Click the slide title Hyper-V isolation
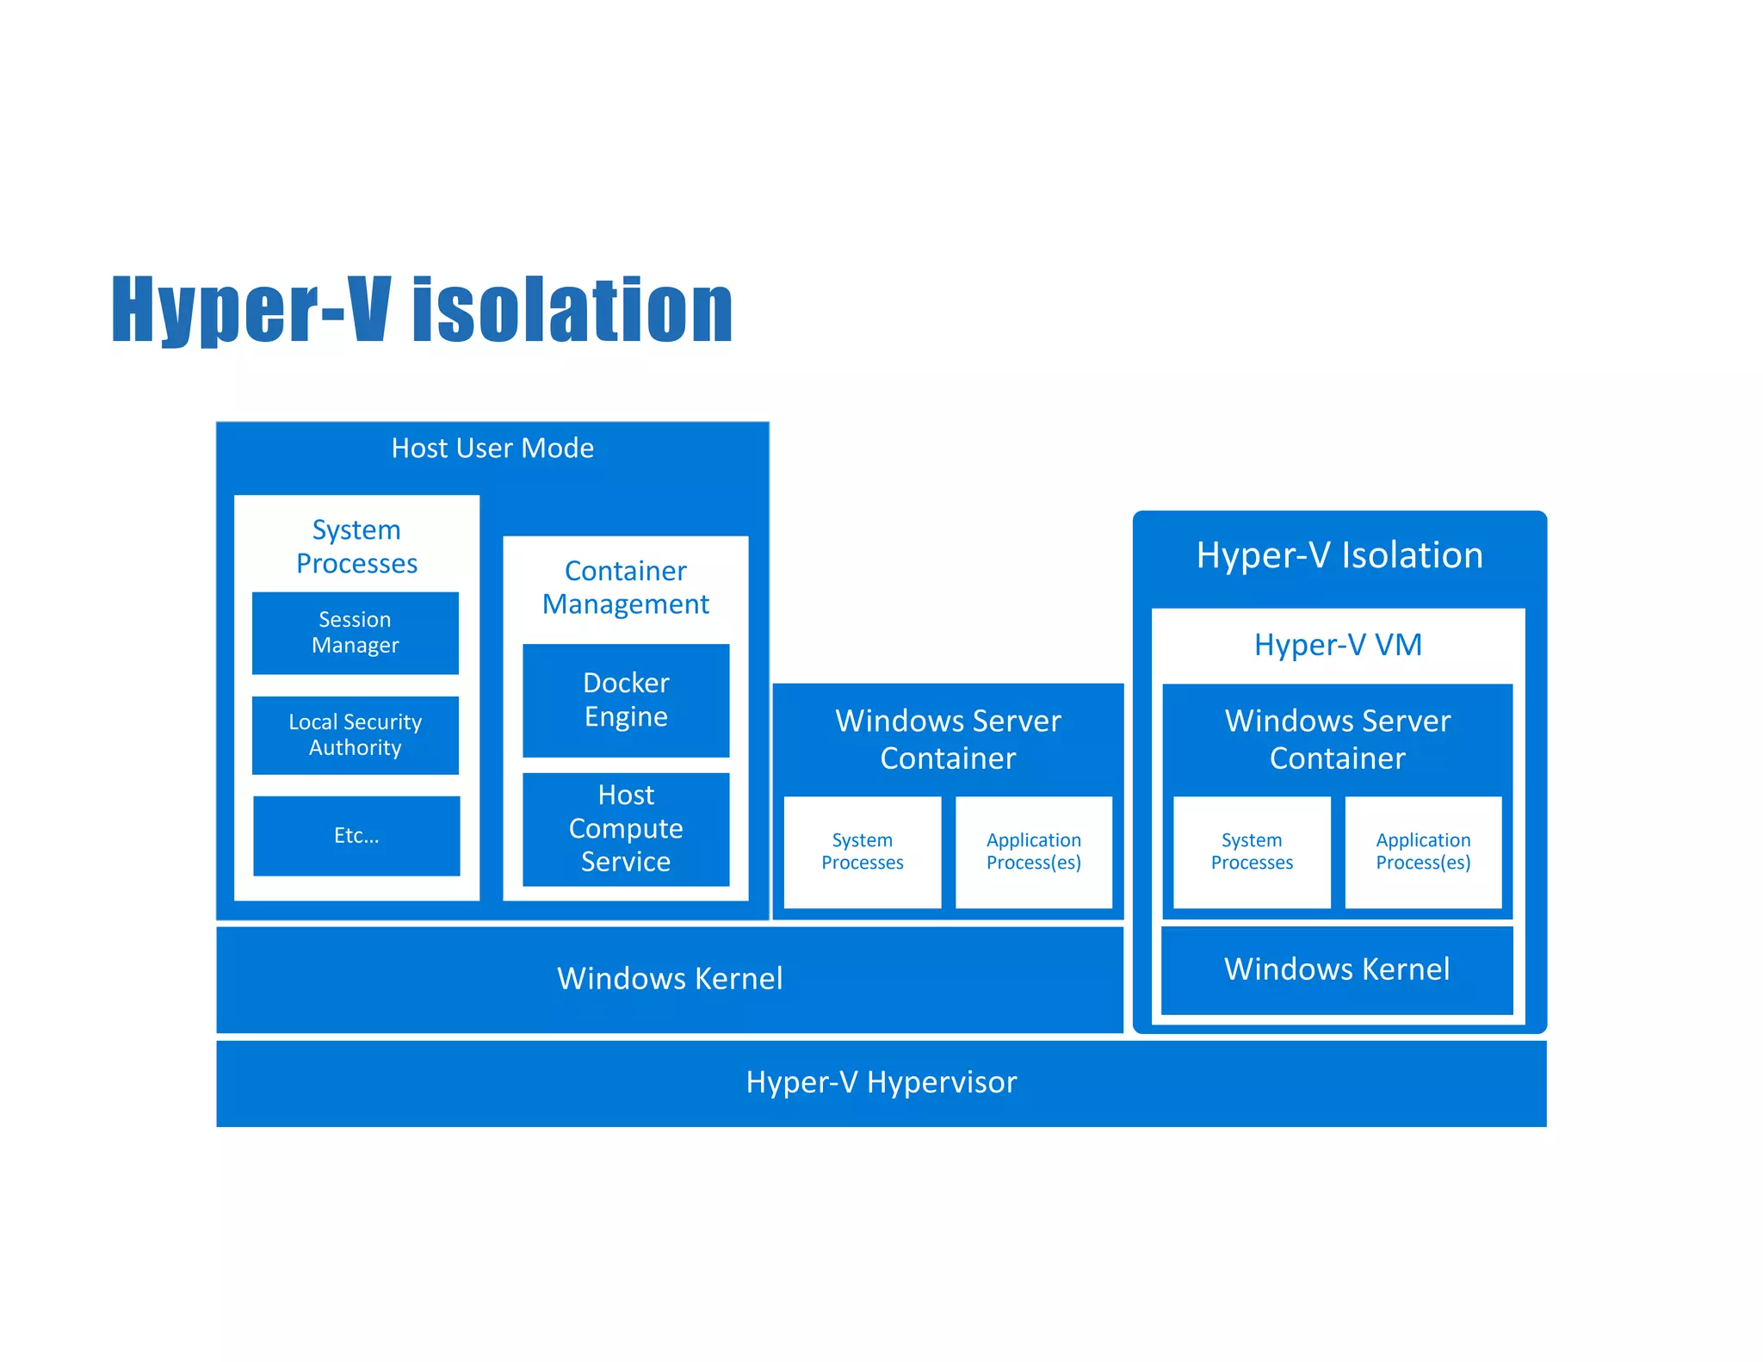click(x=422, y=310)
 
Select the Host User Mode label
click(x=492, y=449)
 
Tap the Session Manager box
click(x=355, y=633)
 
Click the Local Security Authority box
click(x=355, y=734)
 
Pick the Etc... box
click(x=356, y=835)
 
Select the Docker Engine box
click(x=626, y=700)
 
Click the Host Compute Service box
click(x=626, y=828)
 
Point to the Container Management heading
click(x=626, y=587)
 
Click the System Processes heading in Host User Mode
click(x=356, y=546)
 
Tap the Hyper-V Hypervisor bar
click(x=881, y=1082)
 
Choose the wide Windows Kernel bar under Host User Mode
click(x=670, y=979)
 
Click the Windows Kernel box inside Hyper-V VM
click(x=1337, y=969)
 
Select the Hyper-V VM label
click(x=1338, y=645)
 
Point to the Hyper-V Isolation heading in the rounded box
click(x=1339, y=555)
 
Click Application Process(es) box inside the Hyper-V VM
click(x=1423, y=851)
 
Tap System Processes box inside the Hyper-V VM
click(x=1252, y=851)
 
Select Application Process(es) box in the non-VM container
click(x=1033, y=851)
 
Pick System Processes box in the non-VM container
click(x=862, y=851)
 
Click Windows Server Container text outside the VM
click(x=948, y=739)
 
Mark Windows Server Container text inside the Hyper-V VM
click(x=1338, y=739)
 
